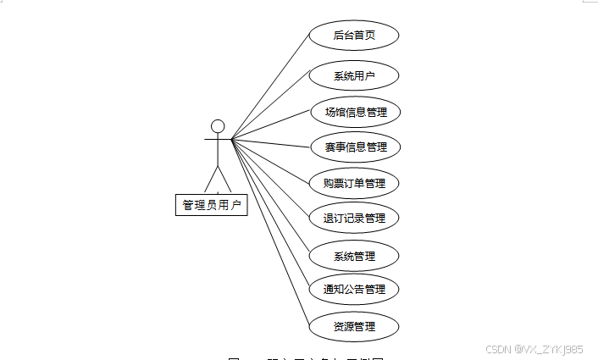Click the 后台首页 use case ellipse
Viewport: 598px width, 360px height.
(353, 36)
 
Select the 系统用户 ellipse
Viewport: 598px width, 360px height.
(353, 75)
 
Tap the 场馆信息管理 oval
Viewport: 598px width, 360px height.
(353, 111)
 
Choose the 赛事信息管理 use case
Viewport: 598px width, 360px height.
(353, 147)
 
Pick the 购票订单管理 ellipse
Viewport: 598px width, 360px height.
(353, 182)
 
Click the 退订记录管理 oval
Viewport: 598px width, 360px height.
(353, 218)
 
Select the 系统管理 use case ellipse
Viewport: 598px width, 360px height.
(353, 255)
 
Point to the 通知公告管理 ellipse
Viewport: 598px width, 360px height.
(353, 289)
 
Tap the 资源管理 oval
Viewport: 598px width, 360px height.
(353, 326)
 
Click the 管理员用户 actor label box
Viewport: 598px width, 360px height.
(212, 204)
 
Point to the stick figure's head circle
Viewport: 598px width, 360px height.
(218, 126)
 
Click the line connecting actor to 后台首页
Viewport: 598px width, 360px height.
(271, 87)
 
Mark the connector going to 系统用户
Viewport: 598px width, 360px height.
(271, 107)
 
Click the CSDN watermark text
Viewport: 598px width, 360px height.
(536, 348)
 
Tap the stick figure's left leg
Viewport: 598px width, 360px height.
(210, 180)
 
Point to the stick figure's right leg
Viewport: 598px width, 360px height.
(224, 180)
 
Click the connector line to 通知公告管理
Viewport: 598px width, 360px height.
(270, 213)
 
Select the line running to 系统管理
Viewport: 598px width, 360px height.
(271, 197)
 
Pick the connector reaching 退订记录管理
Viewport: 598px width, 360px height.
(271, 179)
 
